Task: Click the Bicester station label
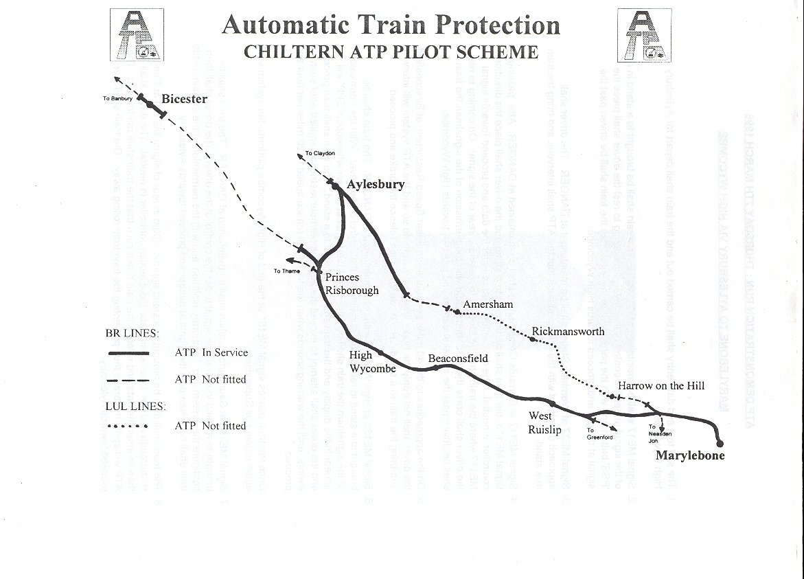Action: point(184,100)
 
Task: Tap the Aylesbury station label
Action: point(376,184)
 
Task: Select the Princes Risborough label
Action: point(352,284)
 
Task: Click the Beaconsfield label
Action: point(458,359)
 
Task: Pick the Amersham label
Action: point(487,304)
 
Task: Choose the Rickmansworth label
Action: point(568,332)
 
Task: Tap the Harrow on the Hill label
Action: point(661,386)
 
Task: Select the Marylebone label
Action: point(689,455)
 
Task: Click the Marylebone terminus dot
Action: point(720,443)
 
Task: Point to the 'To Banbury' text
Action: point(117,99)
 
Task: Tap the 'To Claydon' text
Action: point(320,153)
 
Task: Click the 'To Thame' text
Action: point(286,271)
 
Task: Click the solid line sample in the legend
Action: point(128,353)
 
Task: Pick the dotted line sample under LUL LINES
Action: point(128,426)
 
